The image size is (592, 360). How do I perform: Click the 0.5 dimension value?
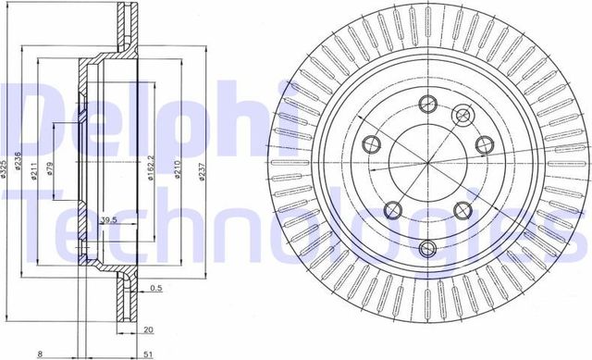(157, 289)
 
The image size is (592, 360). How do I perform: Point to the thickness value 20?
(148, 328)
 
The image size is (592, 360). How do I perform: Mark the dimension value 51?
(148, 352)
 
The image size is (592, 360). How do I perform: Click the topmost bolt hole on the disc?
(426, 102)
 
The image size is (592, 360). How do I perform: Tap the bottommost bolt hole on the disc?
(426, 248)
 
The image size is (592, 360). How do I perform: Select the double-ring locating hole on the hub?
(463, 116)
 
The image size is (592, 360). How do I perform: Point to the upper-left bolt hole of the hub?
(372, 143)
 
